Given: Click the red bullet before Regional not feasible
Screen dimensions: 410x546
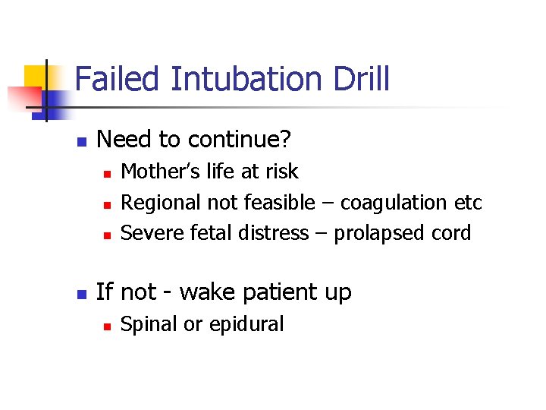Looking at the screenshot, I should (108, 204).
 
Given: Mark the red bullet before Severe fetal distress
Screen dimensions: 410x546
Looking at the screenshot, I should (108, 235).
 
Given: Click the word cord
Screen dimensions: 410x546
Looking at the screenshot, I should (452, 232).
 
